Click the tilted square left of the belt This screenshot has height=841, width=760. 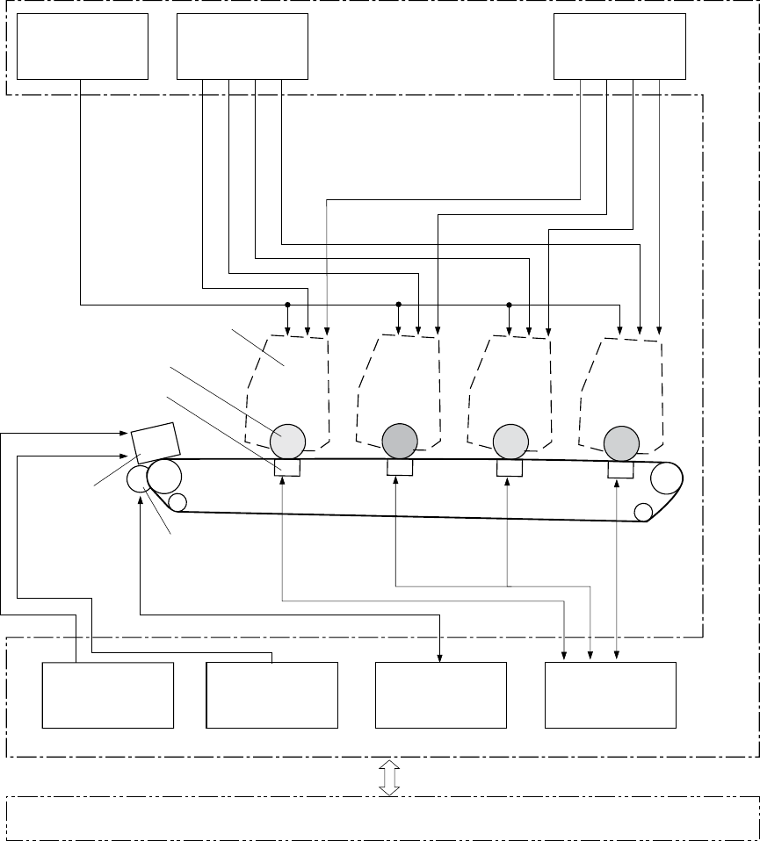(154, 443)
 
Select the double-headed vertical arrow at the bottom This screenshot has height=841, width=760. (388, 778)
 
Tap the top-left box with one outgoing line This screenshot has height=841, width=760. (83, 47)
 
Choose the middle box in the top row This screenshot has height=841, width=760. (242, 47)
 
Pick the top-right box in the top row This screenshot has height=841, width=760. (620, 47)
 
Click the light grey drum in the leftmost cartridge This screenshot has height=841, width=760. (288, 439)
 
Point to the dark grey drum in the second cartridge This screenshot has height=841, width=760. (399, 439)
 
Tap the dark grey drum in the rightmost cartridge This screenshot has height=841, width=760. (620, 441)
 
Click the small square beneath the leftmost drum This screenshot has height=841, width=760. (288, 469)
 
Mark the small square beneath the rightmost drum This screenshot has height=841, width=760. (620, 471)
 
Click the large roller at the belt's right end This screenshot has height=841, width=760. (667, 478)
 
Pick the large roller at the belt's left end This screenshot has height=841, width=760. (164, 477)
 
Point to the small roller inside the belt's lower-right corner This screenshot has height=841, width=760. (644, 511)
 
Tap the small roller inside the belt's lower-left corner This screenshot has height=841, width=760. (177, 502)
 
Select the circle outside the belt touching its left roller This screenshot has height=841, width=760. (139, 479)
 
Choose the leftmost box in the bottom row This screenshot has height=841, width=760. (108, 695)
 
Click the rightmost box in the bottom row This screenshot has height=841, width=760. (611, 695)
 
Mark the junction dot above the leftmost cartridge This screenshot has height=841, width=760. (287, 305)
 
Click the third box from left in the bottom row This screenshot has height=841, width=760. (441, 695)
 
